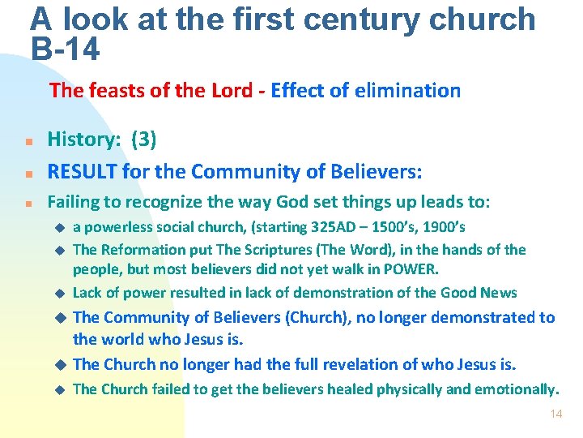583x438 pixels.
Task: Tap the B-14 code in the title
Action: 66,49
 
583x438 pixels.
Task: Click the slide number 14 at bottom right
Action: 555,414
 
